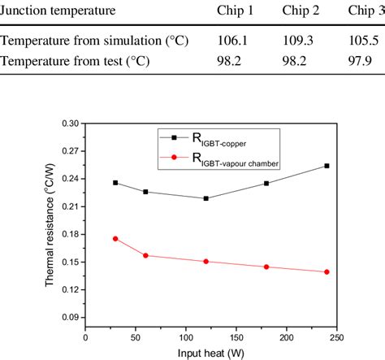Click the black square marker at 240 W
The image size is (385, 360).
coord(327,166)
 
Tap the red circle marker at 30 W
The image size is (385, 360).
coord(115,238)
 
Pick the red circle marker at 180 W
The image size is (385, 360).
coord(266,267)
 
